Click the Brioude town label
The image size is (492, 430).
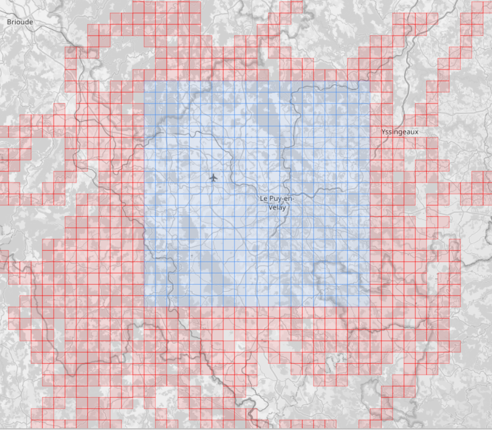coord(20,21)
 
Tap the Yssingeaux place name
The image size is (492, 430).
coord(400,132)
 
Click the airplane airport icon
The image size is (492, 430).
coord(213,178)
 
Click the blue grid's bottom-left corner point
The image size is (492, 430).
coord(144,307)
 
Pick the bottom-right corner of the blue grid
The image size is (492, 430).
coord(371,307)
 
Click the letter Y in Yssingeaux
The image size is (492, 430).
coord(384,132)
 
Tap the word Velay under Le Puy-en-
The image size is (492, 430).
coord(277,207)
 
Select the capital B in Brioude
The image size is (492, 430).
coord(9,21)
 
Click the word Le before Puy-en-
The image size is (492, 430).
coord(263,199)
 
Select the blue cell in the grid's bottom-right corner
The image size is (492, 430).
coord(365,302)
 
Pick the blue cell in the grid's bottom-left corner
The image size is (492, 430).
coord(150,302)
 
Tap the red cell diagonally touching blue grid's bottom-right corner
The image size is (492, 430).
coord(376,313)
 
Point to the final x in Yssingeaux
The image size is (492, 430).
coord(417,132)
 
